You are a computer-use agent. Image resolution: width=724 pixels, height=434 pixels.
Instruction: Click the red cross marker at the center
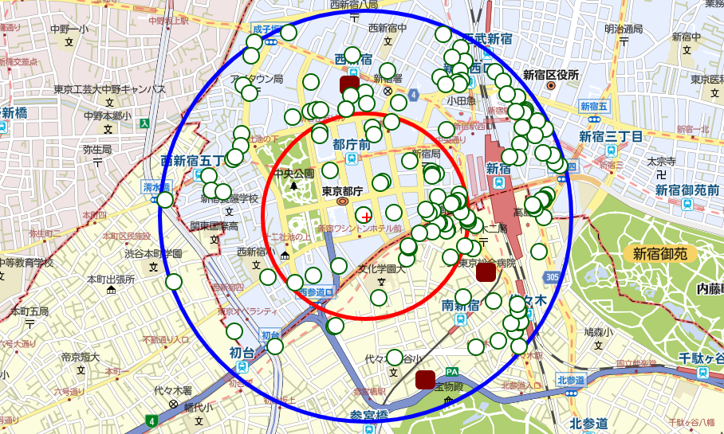click(x=366, y=216)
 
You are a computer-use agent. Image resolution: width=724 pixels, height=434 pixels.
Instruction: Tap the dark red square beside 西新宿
click(x=349, y=85)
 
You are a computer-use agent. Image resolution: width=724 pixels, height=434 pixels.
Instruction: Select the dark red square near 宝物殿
click(x=425, y=380)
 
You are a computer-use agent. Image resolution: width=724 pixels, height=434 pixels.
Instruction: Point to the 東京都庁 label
click(x=342, y=191)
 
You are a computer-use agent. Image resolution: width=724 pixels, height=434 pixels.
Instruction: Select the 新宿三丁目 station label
click(x=611, y=136)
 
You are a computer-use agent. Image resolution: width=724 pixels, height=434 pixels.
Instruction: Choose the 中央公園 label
click(x=293, y=173)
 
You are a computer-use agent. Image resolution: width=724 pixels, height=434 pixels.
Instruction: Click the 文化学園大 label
click(x=381, y=268)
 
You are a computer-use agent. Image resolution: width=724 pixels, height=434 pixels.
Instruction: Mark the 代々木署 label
click(x=173, y=391)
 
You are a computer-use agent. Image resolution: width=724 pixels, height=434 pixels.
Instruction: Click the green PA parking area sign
click(x=453, y=372)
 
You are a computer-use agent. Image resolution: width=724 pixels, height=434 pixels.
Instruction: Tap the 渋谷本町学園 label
click(x=155, y=254)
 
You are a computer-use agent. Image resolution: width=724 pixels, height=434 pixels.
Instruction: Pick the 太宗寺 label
click(x=661, y=161)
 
